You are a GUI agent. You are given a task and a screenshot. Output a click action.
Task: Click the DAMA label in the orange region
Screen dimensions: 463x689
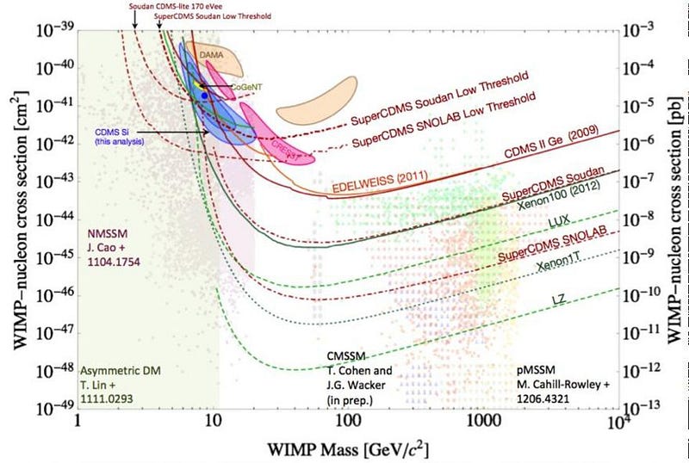point(212,54)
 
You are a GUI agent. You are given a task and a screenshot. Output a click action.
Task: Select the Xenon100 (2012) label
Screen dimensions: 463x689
point(555,203)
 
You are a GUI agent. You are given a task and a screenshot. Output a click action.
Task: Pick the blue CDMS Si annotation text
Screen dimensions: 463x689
point(120,135)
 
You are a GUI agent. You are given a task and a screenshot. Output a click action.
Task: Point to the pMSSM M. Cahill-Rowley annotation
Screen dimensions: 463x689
point(553,384)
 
